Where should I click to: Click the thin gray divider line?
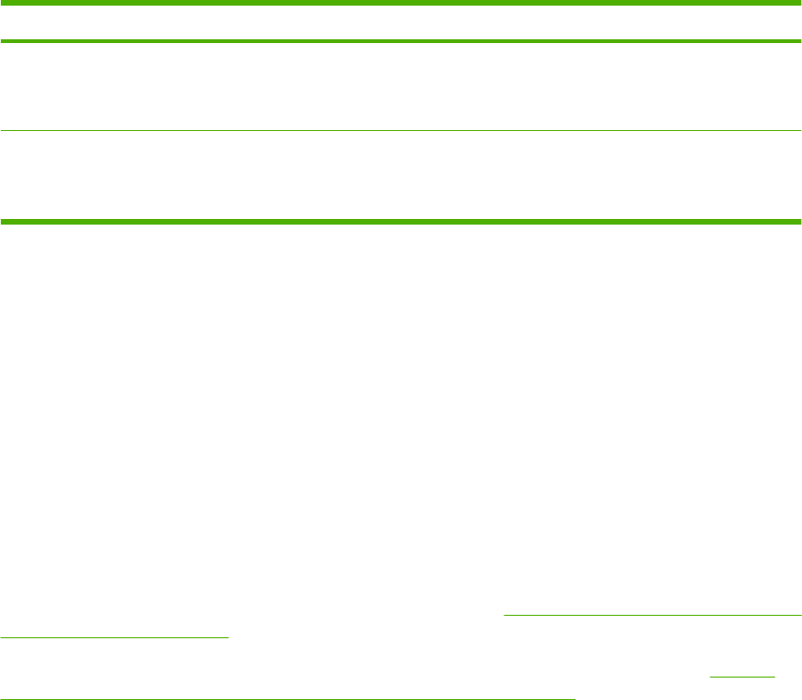point(401,131)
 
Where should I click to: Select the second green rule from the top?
point(401,41)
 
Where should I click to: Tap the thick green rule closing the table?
point(401,222)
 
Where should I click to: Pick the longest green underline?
point(287,697)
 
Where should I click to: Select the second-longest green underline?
point(653,615)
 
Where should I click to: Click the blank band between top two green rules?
point(401,22)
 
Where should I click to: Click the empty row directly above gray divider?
point(401,86)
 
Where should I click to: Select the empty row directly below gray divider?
point(401,176)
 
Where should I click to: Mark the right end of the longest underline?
point(575,697)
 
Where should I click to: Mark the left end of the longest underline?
point(1,697)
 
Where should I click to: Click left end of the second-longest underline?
point(505,615)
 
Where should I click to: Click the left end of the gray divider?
point(2,131)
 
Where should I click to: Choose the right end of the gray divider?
point(800,131)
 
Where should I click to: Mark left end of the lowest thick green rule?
point(2,222)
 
